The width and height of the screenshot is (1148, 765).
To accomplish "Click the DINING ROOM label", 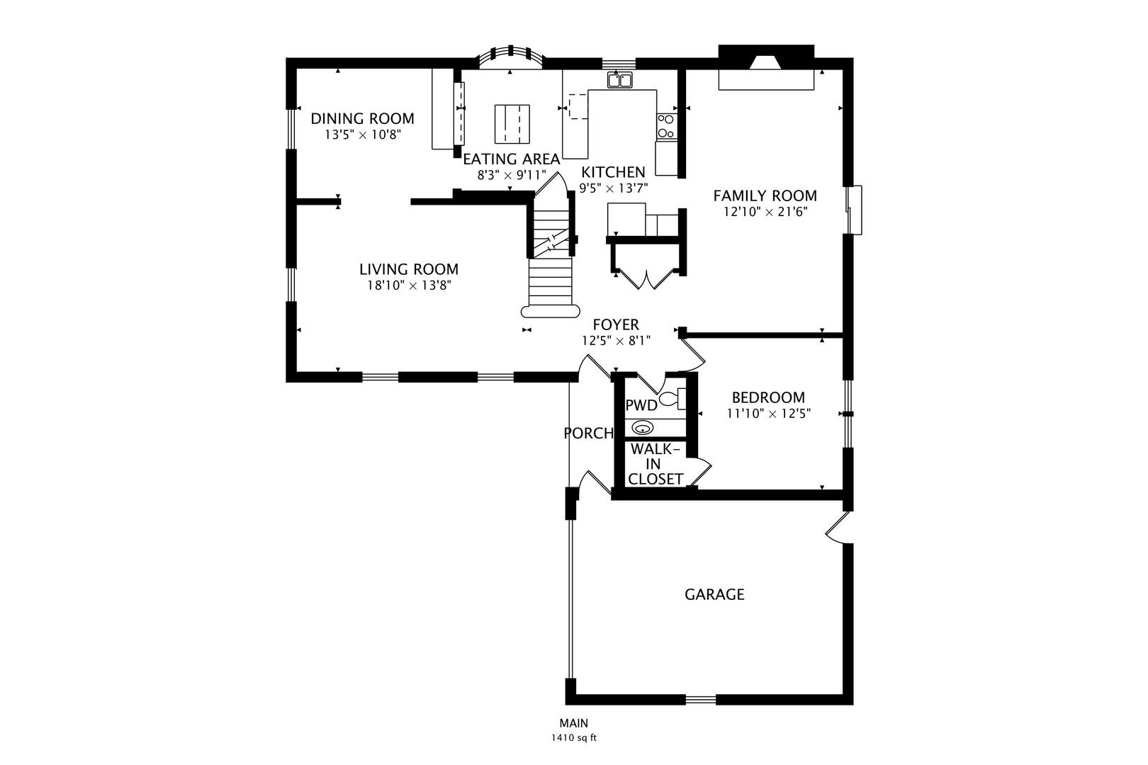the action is click(362, 118).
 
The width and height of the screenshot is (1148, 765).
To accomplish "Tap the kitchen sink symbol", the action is click(619, 81).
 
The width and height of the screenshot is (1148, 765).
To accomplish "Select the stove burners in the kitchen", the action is click(666, 126).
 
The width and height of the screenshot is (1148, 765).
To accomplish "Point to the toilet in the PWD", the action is click(673, 399).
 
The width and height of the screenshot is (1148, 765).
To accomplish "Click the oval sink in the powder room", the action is click(642, 427).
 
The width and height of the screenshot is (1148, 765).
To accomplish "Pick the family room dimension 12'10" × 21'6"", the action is click(765, 212).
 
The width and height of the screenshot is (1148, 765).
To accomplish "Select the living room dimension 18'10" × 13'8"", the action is click(409, 285).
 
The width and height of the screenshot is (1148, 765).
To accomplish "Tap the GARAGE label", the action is click(714, 594).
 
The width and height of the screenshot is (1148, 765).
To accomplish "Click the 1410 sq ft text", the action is click(574, 738).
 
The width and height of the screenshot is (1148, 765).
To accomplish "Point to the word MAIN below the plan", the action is click(574, 723).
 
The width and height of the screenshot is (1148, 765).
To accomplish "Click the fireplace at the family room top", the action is click(766, 67).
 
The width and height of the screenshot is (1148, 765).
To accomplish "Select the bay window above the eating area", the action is click(511, 57).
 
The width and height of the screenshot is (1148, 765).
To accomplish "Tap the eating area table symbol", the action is click(512, 124).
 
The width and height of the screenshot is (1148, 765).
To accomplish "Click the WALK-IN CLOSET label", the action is click(655, 464).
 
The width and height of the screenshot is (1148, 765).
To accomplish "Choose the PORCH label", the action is click(588, 433).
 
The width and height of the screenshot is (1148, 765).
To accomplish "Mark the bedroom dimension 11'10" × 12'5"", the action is click(768, 414).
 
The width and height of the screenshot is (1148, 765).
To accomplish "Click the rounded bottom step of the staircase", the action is click(551, 311).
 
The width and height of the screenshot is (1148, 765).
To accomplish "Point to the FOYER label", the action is click(616, 325).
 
